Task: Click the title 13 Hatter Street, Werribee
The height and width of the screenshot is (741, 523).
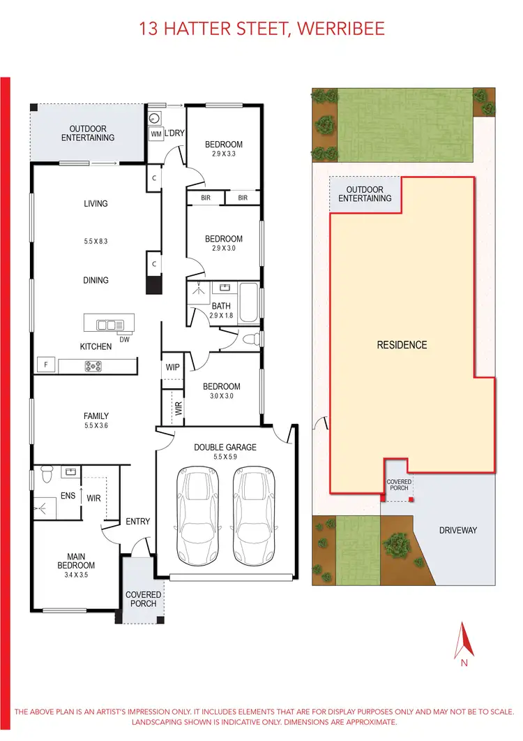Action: (261, 29)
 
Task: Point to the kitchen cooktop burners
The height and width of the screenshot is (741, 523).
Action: (93, 365)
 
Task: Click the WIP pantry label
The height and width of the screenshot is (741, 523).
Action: (172, 367)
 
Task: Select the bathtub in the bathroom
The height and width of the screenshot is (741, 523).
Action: (248, 303)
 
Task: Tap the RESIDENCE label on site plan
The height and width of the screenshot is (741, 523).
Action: (402, 345)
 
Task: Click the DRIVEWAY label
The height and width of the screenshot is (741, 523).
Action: (457, 530)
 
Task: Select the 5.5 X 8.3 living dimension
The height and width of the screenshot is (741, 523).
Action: (96, 241)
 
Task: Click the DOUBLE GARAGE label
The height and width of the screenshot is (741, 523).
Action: (225, 447)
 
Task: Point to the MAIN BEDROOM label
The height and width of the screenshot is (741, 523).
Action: (77, 561)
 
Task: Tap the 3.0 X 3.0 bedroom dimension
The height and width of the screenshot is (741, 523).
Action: (221, 397)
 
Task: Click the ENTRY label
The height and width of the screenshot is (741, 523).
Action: (137, 521)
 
